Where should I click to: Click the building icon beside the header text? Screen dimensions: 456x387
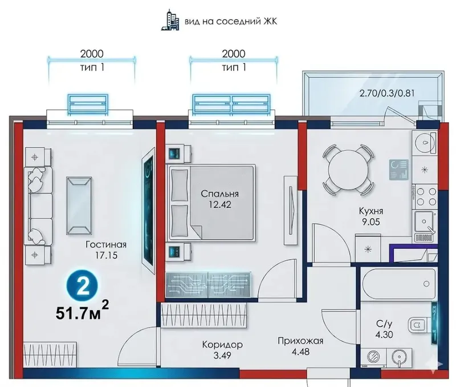coord(170,21)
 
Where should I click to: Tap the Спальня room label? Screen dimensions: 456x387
coord(219,193)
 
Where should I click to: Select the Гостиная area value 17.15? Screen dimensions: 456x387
coord(107,255)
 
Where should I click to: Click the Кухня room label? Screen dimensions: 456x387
coord(371,211)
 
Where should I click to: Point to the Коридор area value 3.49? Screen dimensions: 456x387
coord(222,355)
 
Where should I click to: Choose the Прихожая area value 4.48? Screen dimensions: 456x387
coord(301,352)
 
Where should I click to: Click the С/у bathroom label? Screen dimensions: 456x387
coord(384,324)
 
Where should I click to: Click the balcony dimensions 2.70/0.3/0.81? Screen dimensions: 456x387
coord(387,94)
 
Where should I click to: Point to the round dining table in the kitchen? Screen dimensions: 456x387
coord(347,170)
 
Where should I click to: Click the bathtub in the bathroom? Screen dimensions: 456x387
coord(398,284)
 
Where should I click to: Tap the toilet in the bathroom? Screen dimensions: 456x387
coord(420,325)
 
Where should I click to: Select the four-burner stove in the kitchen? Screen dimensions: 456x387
coord(426,196)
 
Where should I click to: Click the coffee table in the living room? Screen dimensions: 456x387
coord(79,205)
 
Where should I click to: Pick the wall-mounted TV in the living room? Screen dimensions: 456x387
coord(149,211)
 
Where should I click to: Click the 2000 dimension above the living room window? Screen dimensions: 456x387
coord(92,54)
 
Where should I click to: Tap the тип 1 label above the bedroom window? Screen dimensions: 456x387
coord(234,67)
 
